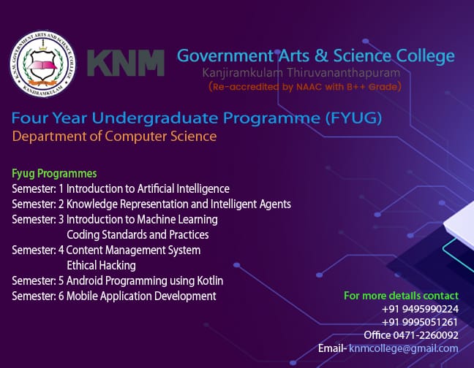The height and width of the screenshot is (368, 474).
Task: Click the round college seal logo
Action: tap(42, 64)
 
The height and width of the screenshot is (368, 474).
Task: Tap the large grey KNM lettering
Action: tap(126, 63)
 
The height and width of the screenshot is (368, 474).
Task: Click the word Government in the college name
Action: tap(225, 56)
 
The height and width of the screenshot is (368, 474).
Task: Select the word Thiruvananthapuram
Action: tap(343, 73)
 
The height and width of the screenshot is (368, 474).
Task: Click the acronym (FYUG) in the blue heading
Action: tap(354, 118)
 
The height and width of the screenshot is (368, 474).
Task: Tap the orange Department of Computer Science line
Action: tap(114, 137)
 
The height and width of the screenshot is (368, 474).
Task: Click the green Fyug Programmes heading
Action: tap(54, 174)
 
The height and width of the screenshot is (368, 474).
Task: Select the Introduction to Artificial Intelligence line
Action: tap(148, 189)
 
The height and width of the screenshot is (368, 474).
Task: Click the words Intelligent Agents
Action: tap(251, 204)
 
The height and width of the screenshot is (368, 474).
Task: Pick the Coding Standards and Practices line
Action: tap(138, 234)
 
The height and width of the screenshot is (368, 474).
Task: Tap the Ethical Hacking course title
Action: tap(101, 266)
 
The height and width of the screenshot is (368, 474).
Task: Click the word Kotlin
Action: tap(210, 281)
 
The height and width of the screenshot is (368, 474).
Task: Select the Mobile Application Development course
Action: tap(141, 296)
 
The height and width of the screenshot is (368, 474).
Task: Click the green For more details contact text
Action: tap(401, 296)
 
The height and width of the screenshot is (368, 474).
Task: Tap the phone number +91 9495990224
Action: tap(420, 309)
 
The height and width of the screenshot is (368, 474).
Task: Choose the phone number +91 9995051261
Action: tap(420, 322)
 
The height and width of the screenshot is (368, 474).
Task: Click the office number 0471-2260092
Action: tap(426, 335)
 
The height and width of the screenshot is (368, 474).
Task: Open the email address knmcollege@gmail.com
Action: tap(404, 349)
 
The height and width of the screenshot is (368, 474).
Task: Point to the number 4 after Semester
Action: tap(61, 250)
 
